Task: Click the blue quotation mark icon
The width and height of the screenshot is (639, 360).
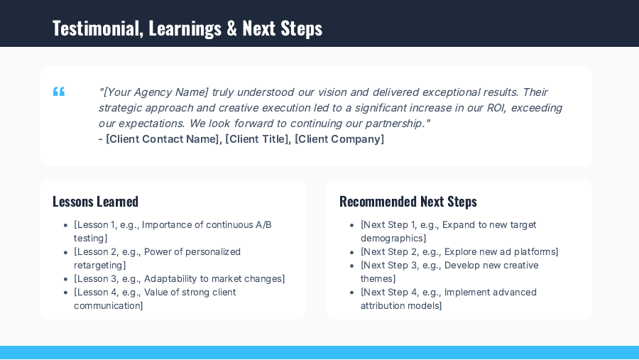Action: (x=59, y=92)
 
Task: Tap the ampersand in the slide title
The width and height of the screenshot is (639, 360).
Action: (x=231, y=28)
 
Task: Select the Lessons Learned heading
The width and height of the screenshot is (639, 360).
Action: (x=95, y=202)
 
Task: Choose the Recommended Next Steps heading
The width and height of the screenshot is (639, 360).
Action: (x=408, y=202)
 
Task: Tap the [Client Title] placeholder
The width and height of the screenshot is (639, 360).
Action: (x=257, y=139)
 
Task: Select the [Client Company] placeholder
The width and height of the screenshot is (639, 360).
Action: (x=339, y=139)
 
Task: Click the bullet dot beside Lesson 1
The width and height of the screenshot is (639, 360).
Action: (x=65, y=225)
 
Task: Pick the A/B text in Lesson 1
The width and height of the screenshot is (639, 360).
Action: (x=263, y=225)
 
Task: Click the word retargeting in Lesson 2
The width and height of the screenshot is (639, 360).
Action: (x=99, y=266)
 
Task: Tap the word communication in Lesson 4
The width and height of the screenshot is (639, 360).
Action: (x=107, y=306)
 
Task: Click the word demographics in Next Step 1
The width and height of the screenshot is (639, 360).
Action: (x=392, y=239)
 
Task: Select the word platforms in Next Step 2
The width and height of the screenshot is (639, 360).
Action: (x=534, y=252)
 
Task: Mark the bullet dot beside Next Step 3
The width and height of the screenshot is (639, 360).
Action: (x=352, y=266)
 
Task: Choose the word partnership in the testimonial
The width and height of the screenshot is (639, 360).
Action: (x=393, y=124)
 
